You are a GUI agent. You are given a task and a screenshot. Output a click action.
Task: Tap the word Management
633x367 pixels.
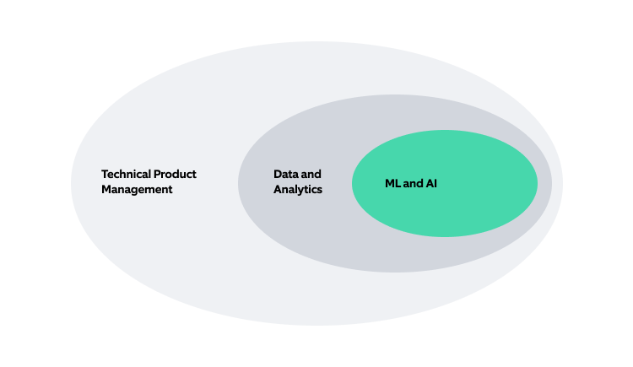pos(137,190)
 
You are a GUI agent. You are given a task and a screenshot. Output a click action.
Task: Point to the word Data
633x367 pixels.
pos(285,174)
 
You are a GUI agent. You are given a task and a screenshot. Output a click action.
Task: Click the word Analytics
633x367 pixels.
pos(298,190)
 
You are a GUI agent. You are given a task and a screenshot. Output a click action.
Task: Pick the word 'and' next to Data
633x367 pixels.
pos(311,174)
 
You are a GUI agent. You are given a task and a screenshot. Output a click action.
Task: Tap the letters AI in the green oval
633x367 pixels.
pos(430,183)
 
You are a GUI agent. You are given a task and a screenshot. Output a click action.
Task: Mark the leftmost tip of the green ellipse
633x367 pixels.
pos(352,184)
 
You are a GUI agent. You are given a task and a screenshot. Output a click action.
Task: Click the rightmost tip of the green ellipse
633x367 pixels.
pos(538,183)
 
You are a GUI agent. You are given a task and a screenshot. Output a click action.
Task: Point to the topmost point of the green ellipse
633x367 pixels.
pos(445,130)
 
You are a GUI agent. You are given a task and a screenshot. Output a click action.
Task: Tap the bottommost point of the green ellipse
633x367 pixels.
pos(445,237)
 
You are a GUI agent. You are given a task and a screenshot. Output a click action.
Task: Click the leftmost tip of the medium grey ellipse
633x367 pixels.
pos(238,184)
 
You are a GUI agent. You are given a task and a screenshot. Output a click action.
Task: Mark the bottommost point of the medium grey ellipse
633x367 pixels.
pos(395,273)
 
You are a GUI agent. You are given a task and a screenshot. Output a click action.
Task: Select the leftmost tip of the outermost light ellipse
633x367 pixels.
pos(71,184)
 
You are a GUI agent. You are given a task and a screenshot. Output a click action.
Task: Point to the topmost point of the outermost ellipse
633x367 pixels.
pos(316,41)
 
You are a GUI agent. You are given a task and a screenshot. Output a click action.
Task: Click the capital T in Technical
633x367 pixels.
pos(105,174)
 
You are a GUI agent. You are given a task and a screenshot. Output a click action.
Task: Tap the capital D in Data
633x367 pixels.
pos(277,174)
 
